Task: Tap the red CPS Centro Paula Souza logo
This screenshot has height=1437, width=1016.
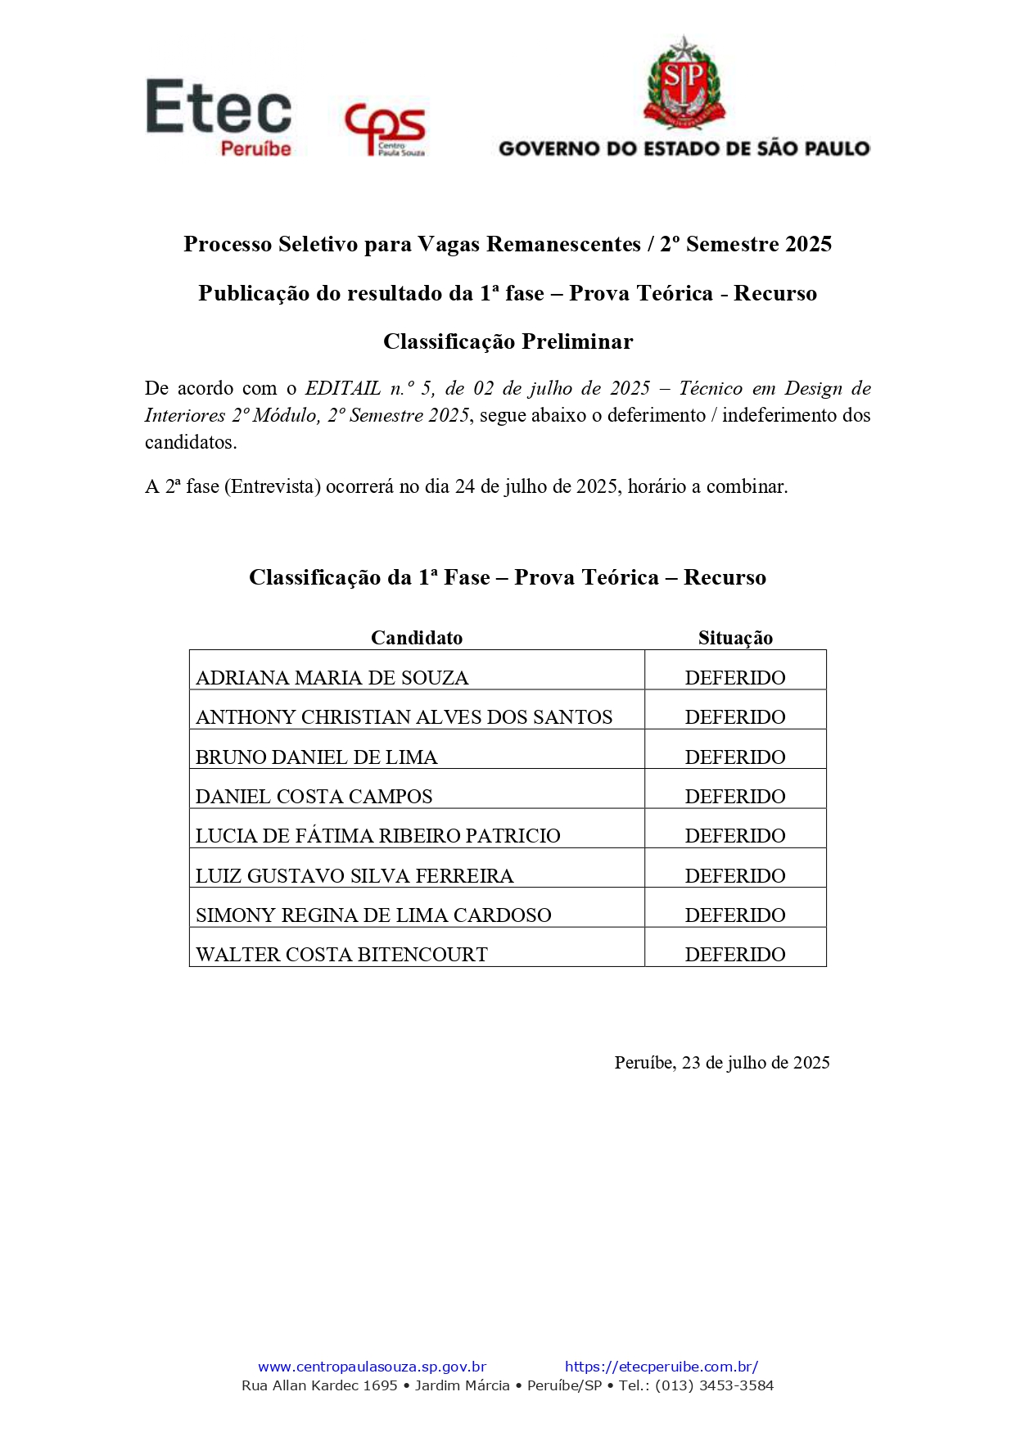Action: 385,129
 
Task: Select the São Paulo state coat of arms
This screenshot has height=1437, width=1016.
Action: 684,84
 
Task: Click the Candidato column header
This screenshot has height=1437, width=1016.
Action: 416,638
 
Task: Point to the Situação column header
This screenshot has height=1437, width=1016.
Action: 735,638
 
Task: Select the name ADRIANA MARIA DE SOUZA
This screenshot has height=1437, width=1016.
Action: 332,678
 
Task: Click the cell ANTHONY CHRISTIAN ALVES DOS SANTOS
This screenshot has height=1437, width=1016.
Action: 404,717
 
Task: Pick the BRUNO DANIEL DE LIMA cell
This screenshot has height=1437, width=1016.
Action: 316,757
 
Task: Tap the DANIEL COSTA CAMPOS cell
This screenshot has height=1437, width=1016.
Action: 314,797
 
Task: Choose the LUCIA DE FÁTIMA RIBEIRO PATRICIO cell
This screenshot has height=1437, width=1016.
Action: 377,836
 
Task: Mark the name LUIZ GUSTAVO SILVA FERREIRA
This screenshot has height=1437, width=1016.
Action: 354,876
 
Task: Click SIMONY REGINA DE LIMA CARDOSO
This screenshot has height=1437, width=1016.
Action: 373,915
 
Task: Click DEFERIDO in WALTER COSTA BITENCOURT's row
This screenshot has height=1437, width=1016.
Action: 735,955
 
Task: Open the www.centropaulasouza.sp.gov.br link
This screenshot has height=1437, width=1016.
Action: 372,1367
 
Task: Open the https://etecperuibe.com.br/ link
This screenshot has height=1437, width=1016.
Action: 662,1367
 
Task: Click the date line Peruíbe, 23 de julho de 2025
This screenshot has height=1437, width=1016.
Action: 722,1063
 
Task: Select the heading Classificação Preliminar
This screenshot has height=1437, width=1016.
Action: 508,341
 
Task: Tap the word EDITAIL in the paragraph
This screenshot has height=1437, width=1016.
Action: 343,388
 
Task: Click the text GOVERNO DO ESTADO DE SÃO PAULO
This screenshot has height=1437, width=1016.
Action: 684,149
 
